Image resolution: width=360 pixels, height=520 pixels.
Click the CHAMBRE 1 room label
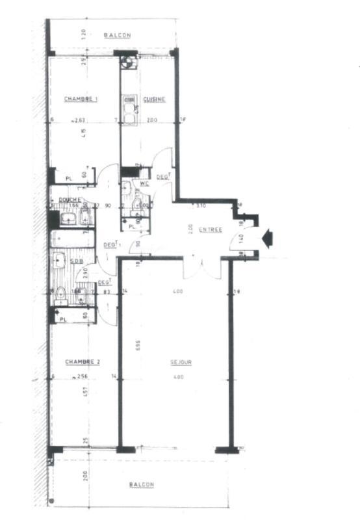pos(81,99)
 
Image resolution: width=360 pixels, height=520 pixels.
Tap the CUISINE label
pos(154,99)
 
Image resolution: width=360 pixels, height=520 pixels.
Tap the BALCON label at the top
pos(118,35)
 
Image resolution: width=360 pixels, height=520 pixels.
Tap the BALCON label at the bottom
pos(141,485)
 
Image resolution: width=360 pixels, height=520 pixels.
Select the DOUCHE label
pos(70,200)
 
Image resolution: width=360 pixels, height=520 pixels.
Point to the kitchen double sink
pos(129,107)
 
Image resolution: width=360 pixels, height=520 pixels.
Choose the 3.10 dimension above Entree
pos(201,205)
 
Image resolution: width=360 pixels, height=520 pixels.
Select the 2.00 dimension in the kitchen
pos(151,120)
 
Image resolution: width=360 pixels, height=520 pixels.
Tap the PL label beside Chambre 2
pos(63,319)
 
